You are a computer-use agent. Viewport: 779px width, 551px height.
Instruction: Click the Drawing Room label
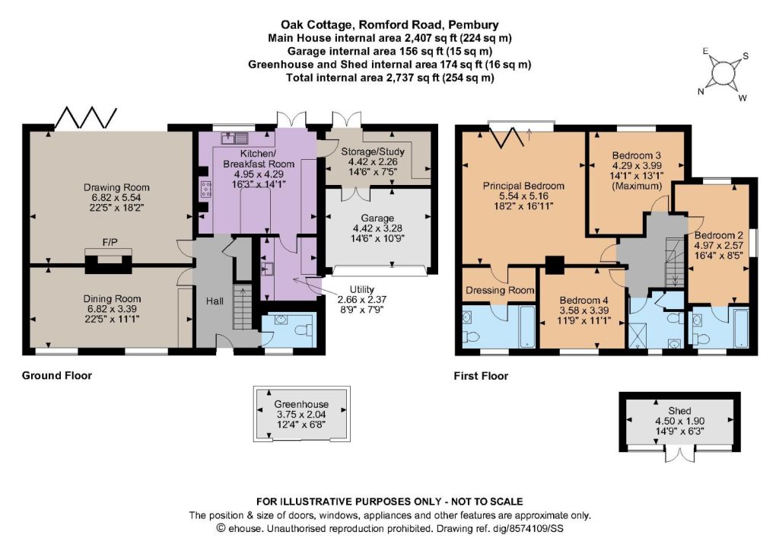pos(116,187)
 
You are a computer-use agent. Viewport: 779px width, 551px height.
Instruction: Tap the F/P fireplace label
pos(110,242)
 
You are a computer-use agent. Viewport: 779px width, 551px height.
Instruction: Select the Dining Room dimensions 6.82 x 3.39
pos(112,308)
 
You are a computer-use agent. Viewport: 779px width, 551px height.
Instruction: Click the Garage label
pos(377,218)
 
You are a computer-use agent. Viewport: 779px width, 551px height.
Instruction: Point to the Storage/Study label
pos(373,151)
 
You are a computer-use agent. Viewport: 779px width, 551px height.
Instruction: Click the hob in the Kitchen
pos(205,190)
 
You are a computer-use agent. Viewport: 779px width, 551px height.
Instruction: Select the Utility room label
pos(361,289)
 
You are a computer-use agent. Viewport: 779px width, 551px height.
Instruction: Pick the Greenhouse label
pos(301,404)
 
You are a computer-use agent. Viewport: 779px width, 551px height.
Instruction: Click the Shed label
pos(679,411)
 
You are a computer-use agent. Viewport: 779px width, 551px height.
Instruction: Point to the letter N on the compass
pos(701,91)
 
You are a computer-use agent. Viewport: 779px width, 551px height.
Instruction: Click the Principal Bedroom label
pos(523,186)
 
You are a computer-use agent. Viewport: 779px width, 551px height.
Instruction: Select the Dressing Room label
pos(500,290)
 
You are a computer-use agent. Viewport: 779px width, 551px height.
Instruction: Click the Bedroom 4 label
pos(583,300)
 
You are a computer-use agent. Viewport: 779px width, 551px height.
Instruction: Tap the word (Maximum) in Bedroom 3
pos(637,186)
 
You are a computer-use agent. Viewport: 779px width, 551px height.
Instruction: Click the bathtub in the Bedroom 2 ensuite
pos(740,327)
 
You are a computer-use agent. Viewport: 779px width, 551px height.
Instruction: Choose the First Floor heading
pos(481,376)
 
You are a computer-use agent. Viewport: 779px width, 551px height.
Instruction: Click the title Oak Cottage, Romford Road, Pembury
pos(390,24)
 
